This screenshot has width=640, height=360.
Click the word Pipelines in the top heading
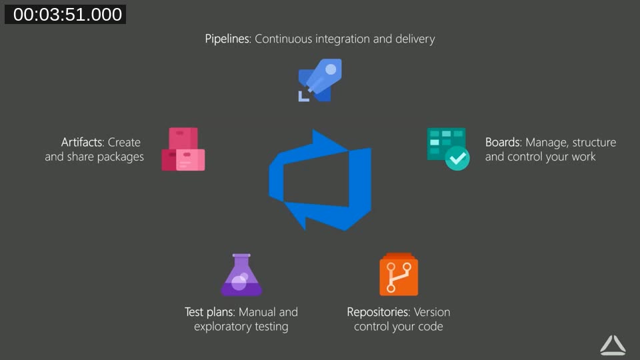pos(227,39)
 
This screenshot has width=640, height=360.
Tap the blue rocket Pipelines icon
pos(320,81)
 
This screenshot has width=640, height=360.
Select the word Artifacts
pos(82,142)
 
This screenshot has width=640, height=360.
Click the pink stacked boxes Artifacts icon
pos(183,150)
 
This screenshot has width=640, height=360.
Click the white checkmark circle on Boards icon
pos(457,159)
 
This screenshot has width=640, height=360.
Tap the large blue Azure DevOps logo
pos(320,180)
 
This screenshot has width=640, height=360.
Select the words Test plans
pos(209,312)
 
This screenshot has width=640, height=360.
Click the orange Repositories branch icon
pos(399,275)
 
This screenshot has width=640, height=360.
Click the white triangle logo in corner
pos(613,345)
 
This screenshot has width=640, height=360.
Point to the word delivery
pos(414,39)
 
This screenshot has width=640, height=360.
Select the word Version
pos(432,312)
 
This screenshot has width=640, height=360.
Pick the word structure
pos(594,142)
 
